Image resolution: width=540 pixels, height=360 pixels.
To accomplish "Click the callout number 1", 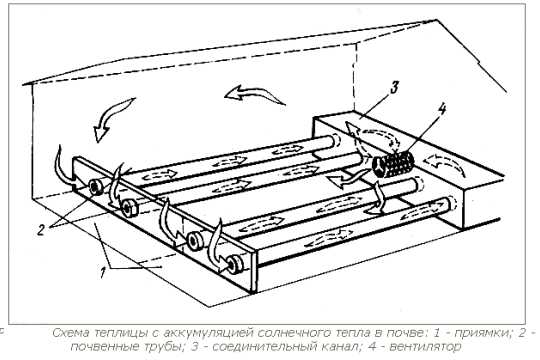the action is click(102, 273).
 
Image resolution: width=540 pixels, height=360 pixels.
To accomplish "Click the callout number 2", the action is click(41, 230).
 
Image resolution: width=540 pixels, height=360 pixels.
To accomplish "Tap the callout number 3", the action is click(395, 87).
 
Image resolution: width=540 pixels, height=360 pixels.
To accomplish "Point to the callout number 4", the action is click(442, 110).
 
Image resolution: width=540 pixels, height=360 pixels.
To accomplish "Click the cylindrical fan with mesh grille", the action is click(393, 164).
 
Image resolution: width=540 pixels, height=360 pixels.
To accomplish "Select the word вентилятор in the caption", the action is click(425, 347).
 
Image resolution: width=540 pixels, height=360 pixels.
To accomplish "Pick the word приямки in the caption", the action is click(481, 333).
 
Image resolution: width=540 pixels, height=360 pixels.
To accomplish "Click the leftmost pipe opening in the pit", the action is click(95, 187).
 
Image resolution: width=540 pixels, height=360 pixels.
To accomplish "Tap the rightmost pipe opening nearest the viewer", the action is click(236, 264).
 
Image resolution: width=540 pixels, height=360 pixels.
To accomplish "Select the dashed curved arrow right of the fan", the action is click(446, 163).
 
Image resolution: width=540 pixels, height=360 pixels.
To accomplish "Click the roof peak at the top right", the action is click(437, 20).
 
